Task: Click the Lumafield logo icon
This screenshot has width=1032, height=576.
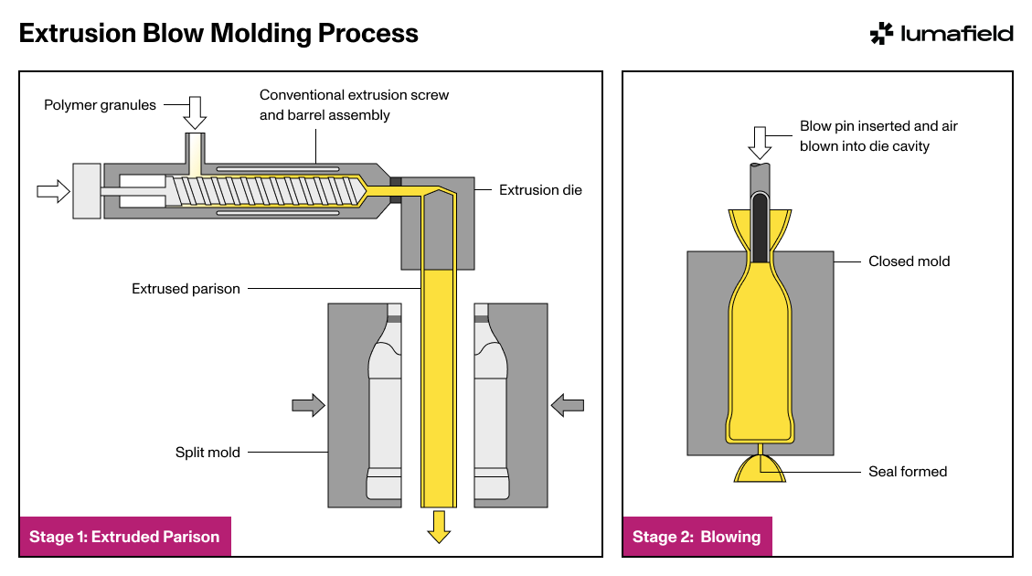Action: (x=881, y=34)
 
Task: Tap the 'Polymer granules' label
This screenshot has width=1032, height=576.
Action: (x=100, y=105)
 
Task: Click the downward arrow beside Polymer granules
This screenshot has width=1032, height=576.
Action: (x=195, y=112)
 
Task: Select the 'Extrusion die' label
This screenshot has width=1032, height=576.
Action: (x=540, y=190)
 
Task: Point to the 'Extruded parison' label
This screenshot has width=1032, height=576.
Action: (x=186, y=289)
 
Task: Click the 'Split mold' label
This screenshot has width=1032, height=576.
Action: (x=207, y=453)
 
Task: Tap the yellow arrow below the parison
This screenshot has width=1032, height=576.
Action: (x=439, y=527)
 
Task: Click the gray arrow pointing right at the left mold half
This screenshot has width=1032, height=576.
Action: (x=309, y=405)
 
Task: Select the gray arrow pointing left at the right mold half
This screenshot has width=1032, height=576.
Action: (x=568, y=405)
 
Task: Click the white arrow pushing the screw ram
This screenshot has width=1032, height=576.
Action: (x=53, y=191)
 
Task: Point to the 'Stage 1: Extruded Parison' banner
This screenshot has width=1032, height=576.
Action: (x=125, y=537)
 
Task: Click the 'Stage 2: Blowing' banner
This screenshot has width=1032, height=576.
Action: (x=697, y=537)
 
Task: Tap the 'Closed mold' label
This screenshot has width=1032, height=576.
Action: (x=909, y=261)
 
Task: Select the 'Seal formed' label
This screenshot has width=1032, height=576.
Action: (x=908, y=472)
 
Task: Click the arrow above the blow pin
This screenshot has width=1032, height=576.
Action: (x=761, y=143)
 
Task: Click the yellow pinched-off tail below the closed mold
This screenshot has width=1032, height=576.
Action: (x=761, y=468)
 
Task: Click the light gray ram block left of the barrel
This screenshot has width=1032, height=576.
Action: (x=87, y=191)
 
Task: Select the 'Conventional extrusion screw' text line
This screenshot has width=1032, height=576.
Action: (x=354, y=95)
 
